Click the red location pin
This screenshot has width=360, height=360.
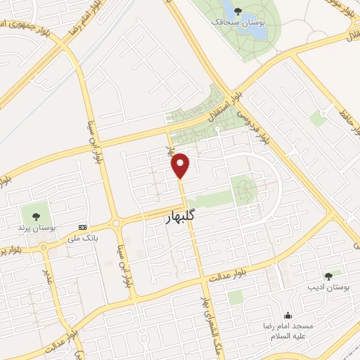(181, 165)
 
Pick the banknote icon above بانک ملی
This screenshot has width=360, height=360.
(84, 227)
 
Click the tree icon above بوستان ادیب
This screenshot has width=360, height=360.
(328, 275)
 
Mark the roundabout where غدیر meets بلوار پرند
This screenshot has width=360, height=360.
(44, 247)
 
